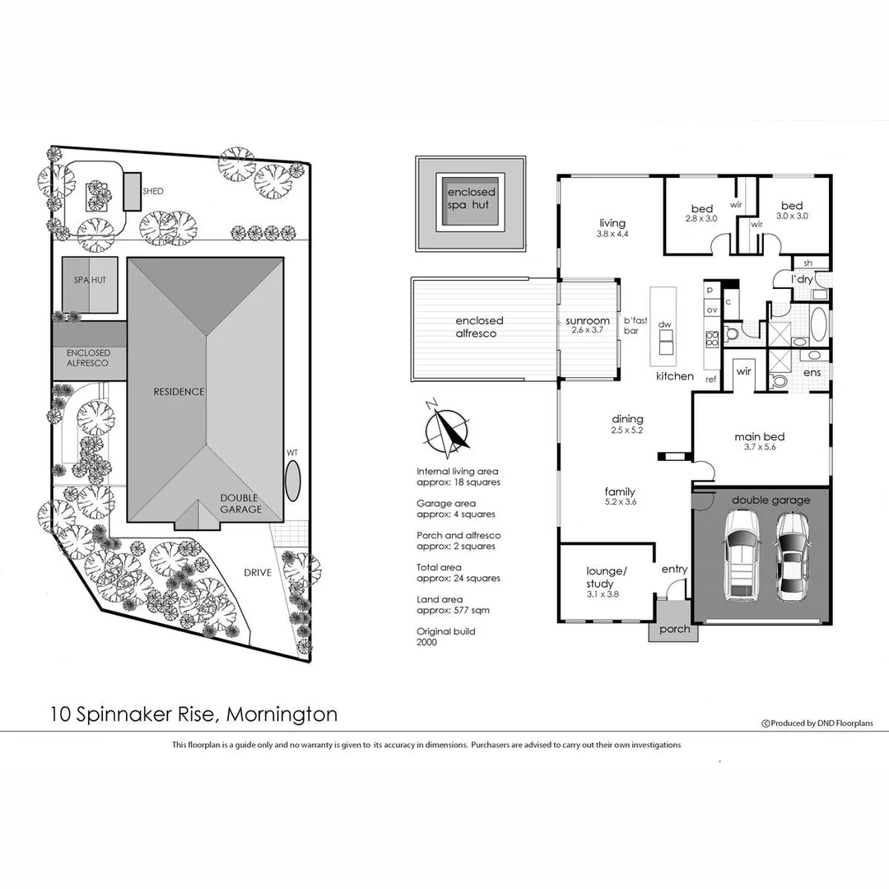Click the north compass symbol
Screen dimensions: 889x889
tap(446, 429)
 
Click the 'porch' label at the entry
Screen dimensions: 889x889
tap(674, 630)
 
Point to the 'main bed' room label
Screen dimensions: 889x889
tap(759, 437)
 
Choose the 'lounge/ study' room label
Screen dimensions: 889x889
tap(607, 577)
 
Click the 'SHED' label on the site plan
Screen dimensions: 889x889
tap(153, 191)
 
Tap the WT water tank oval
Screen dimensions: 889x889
tap(293, 480)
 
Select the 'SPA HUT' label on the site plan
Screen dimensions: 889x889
tap(91, 281)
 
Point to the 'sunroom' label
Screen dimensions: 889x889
tap(587, 321)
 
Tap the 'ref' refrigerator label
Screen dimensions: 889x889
tap(711, 379)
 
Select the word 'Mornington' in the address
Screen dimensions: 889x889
tap(282, 714)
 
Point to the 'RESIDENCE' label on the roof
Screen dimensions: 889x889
tap(179, 392)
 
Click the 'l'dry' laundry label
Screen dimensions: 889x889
tap(802, 280)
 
